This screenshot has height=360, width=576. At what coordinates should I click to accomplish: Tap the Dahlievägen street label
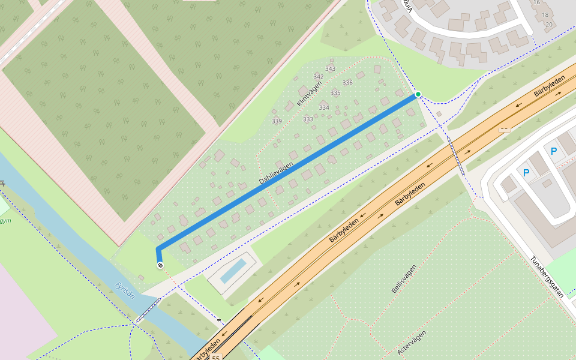click(277, 173)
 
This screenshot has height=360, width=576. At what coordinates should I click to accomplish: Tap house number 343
click(330, 68)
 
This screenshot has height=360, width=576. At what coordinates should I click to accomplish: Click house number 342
click(319, 77)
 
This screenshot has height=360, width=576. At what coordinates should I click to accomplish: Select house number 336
click(347, 83)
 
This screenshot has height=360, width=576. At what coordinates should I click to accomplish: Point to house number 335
click(335, 93)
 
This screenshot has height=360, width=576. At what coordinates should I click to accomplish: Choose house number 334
click(324, 108)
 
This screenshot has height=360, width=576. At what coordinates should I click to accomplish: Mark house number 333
click(308, 119)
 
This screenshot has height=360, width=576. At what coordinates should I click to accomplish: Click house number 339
click(277, 121)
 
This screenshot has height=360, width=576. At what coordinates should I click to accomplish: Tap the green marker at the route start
click(418, 94)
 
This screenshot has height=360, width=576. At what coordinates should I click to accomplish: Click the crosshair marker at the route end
click(160, 265)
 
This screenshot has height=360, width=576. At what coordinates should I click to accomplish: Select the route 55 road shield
click(216, 357)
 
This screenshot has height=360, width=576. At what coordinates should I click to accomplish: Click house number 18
click(545, 14)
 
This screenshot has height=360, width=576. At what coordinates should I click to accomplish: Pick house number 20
click(549, 25)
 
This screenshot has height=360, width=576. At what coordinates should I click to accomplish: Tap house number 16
click(537, 2)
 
